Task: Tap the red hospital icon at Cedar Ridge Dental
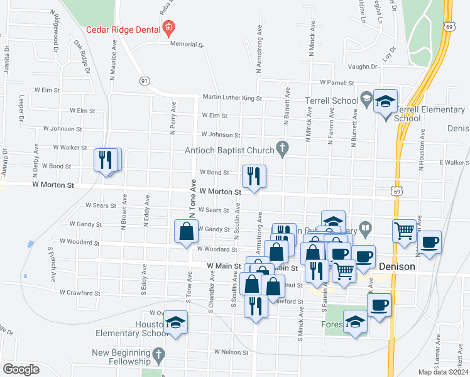click(168, 28)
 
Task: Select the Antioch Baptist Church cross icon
click(283, 150)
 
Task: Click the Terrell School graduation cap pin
click(385, 101)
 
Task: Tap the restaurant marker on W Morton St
click(254, 177)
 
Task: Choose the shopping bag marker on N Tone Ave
click(187, 231)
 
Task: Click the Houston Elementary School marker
click(176, 322)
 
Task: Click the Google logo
click(21, 369)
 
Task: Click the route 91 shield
click(145, 81)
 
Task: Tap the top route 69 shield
click(448, 26)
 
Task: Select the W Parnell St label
click(337, 82)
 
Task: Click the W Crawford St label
click(80, 293)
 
